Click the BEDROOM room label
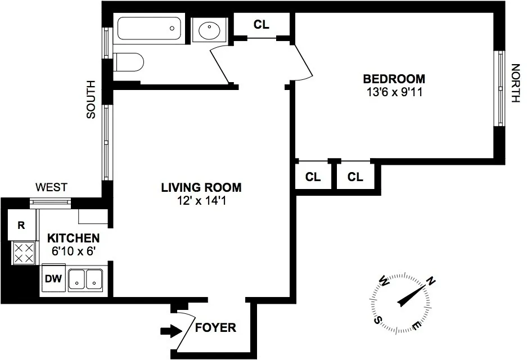pos(394,79)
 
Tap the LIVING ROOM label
pos(201,187)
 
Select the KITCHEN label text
pos(73,238)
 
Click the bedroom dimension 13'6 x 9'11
pos(393,91)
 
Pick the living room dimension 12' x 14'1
pos(201,200)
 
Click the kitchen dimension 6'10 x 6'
pos(73,251)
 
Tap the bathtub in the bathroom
pos(149,28)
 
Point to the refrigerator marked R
pos(21,226)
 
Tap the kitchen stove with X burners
pos(24,253)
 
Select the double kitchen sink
pos(86,280)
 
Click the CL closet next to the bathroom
pos(262,24)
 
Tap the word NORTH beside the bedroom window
pos(514,83)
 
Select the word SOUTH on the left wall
pos(91,100)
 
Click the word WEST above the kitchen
pos(51,187)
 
